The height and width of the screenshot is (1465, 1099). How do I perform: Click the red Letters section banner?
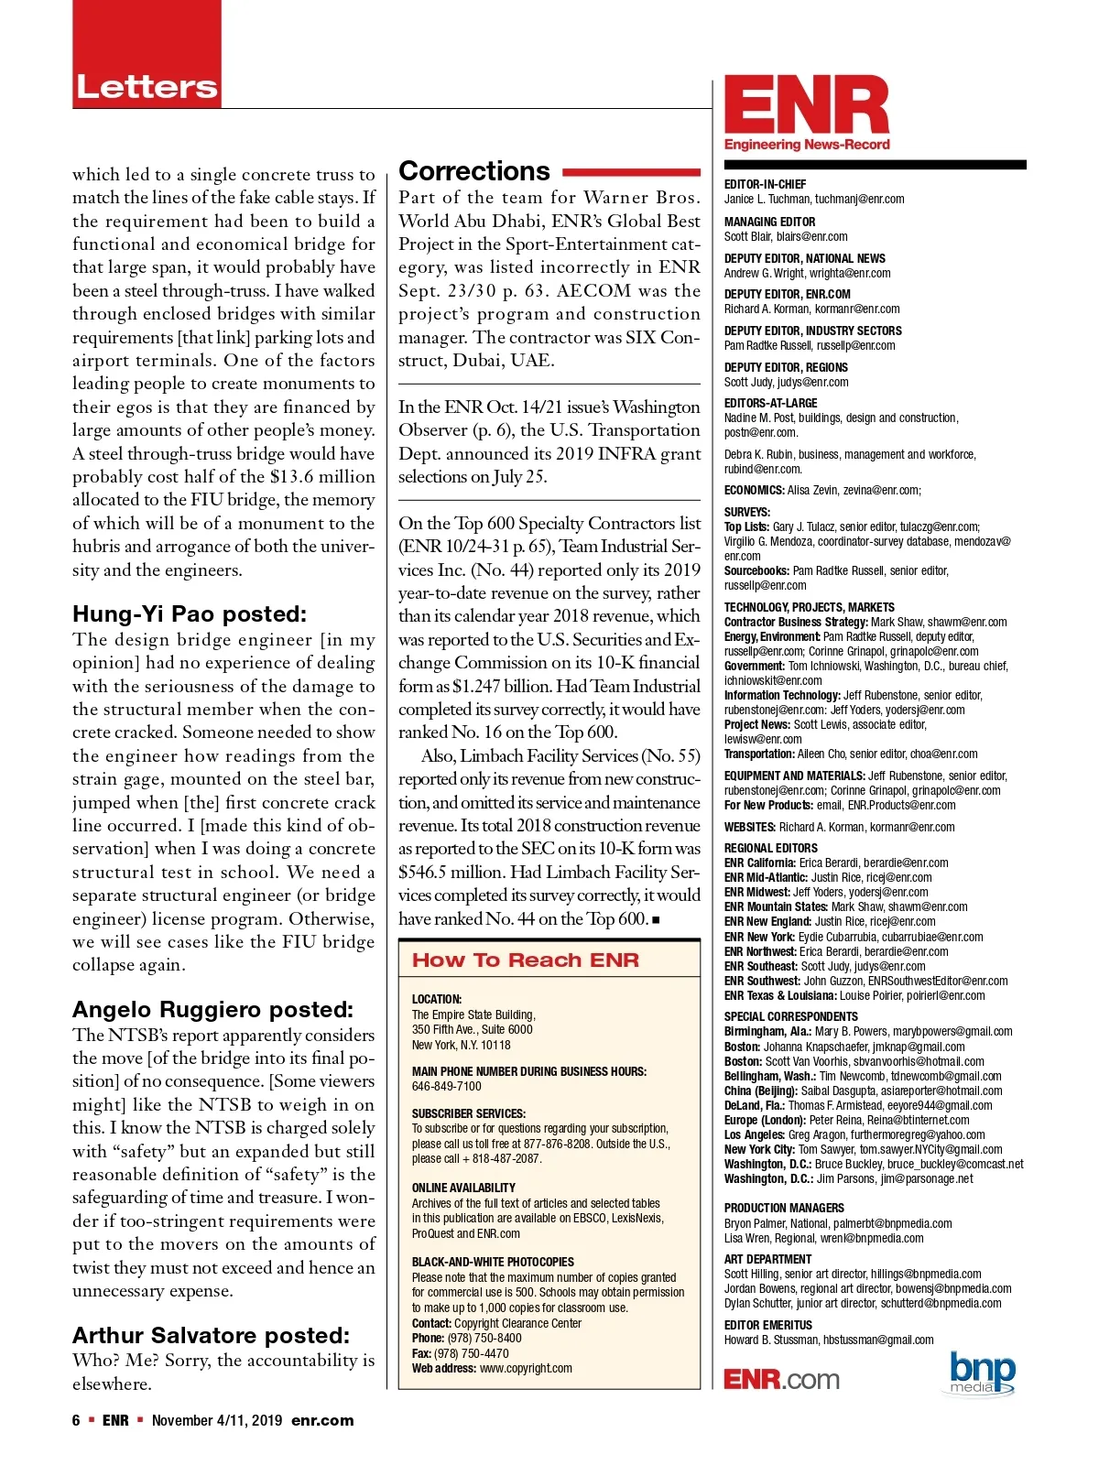point(147,87)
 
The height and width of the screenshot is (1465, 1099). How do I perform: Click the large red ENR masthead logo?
point(807,106)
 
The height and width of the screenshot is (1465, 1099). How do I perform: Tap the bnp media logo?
point(983,1372)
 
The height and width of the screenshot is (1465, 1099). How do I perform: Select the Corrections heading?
point(474,171)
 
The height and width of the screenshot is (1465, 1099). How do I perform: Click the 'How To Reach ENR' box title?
point(526,960)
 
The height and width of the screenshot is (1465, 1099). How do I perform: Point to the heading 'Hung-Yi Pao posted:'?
point(190,613)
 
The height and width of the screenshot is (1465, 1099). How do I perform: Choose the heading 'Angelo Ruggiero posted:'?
point(212,1009)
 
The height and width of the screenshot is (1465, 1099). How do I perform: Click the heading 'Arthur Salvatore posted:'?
point(211,1335)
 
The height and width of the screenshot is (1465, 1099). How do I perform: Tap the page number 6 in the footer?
point(76,1420)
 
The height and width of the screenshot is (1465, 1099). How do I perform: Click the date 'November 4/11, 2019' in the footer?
point(216,1420)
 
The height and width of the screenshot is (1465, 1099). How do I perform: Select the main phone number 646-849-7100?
point(446,1086)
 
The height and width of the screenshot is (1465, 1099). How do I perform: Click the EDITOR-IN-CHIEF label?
point(765,184)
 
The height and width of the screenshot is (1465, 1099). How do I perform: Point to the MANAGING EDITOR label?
point(769,222)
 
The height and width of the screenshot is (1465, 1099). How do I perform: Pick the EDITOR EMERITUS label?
point(767,1325)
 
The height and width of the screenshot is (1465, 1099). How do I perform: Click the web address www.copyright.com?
point(526,1368)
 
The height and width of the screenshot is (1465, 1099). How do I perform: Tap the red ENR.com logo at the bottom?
point(781,1380)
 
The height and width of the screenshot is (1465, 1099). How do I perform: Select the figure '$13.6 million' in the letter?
point(322,477)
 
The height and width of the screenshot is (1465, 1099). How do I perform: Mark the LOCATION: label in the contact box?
point(437,999)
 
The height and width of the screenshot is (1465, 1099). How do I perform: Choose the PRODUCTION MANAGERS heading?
point(784,1208)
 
